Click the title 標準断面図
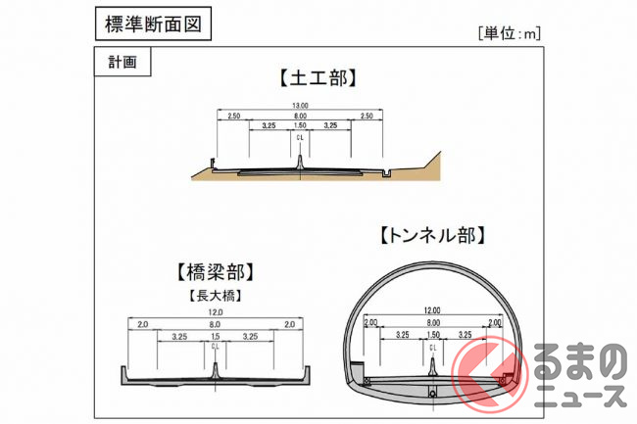(x=153, y=24)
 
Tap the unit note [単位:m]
(x=510, y=33)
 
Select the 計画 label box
(x=122, y=62)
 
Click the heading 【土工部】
(x=318, y=77)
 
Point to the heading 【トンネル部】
(x=432, y=235)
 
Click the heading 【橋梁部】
(x=216, y=271)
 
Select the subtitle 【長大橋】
(x=216, y=296)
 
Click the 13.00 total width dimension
(x=300, y=106)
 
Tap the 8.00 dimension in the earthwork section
(x=300, y=117)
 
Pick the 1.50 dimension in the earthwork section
(x=300, y=125)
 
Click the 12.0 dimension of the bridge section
(x=216, y=312)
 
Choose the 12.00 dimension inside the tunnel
(x=432, y=310)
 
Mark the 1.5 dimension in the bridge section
(x=216, y=336)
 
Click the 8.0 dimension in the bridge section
(x=215, y=324)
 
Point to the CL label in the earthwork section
(x=300, y=137)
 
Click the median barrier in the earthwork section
(x=300, y=162)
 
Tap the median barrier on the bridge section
(x=216, y=370)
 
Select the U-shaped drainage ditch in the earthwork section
(x=386, y=173)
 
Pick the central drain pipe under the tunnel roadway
(x=432, y=394)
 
